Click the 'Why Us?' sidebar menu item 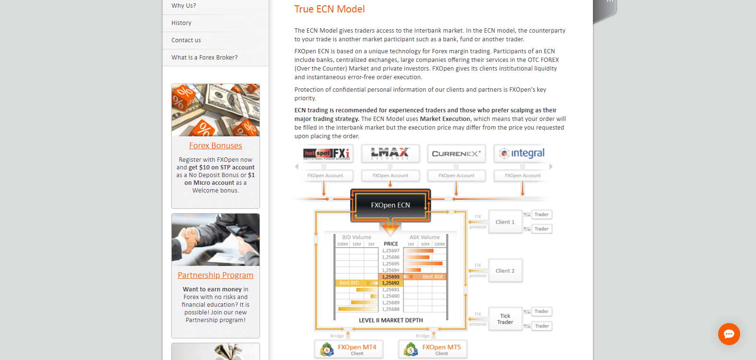pos(184,6)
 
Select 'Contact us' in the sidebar pos(186,40)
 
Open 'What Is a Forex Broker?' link pos(204,58)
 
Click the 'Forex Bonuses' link pos(215,145)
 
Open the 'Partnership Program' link pos(215,275)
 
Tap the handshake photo pos(215,240)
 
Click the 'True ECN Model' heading pos(330,9)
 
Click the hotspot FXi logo pos(327,154)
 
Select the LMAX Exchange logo pos(390,154)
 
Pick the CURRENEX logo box pos(456,154)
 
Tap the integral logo pos(522,154)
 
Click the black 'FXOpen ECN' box pos(390,205)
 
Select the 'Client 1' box pos(505,222)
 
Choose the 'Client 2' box pos(505,271)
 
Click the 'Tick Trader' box pos(505,319)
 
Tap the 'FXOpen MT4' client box pos(349,349)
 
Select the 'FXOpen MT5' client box pos(433,349)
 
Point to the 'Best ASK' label pos(433,276)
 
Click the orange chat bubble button pos(729,334)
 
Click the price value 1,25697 pos(390,251)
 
